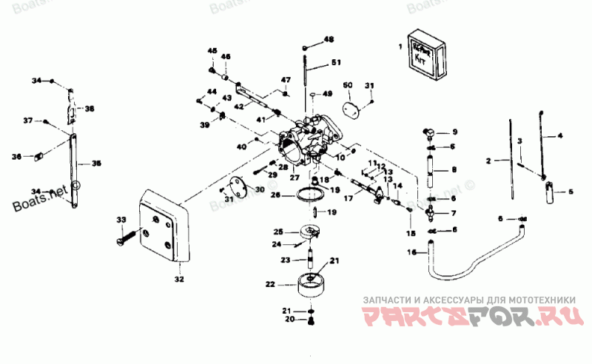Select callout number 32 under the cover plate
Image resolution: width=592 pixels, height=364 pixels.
pyautogui.click(x=178, y=279)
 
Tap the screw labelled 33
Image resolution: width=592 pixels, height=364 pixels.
pyautogui.click(x=127, y=236)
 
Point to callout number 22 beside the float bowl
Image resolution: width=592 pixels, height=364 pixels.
pyautogui.click(x=270, y=283)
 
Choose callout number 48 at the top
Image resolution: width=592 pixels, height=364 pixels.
pyautogui.click(x=329, y=38)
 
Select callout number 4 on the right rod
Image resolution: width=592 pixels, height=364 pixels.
pyautogui.click(x=560, y=135)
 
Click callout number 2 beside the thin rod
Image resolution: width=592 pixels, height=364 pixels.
pyautogui.click(x=488, y=160)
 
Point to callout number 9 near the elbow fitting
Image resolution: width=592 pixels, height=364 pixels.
pyautogui.click(x=455, y=132)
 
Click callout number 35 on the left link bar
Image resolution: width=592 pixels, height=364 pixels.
pyautogui.click(x=96, y=164)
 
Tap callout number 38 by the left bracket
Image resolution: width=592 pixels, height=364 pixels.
pyautogui.click(x=90, y=109)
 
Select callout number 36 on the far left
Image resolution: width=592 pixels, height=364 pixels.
pyautogui.click(x=16, y=156)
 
